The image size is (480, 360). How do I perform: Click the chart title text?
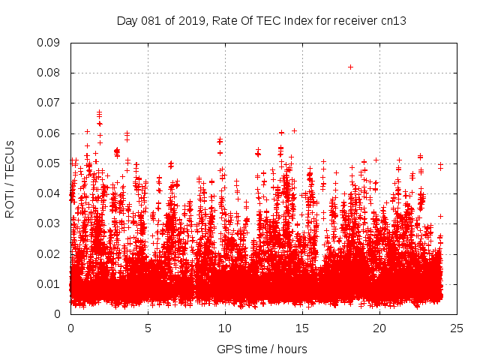(262, 20)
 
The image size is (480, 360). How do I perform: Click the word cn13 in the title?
(393, 20)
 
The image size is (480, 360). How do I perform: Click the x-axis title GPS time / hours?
(262, 349)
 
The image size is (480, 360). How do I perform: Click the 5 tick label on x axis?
(148, 328)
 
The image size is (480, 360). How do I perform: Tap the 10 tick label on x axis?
(225, 328)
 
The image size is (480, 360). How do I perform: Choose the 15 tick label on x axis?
(302, 328)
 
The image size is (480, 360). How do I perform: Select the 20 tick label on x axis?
(379, 328)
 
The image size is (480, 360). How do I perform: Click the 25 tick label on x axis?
(457, 328)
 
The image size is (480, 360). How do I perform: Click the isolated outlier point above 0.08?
(350, 67)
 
